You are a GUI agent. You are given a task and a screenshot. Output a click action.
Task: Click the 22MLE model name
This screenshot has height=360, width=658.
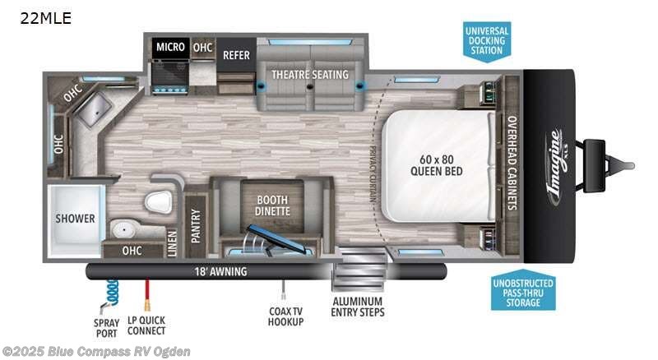pyautogui.click(x=41, y=18)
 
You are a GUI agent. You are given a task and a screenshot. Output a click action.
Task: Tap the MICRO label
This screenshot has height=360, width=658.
pyautogui.click(x=170, y=48)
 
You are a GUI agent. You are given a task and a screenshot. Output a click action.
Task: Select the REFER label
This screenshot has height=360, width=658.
pyautogui.click(x=236, y=55)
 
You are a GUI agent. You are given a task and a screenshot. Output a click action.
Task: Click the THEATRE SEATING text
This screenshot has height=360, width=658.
pyautogui.click(x=311, y=75)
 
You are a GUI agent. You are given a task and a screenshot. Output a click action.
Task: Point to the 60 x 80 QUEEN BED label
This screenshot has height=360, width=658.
pyautogui.click(x=437, y=165)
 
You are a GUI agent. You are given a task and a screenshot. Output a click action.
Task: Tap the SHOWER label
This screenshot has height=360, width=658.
pyautogui.click(x=76, y=219)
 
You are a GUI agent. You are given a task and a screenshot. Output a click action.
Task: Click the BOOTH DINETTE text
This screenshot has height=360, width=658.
pyautogui.click(x=273, y=203)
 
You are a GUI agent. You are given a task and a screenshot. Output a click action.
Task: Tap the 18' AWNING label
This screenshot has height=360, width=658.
pyautogui.click(x=208, y=270)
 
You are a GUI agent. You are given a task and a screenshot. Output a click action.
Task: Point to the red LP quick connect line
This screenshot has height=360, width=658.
pyautogui.click(x=146, y=292)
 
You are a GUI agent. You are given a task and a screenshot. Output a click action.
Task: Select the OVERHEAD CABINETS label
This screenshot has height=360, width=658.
pyautogui.click(x=510, y=163)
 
